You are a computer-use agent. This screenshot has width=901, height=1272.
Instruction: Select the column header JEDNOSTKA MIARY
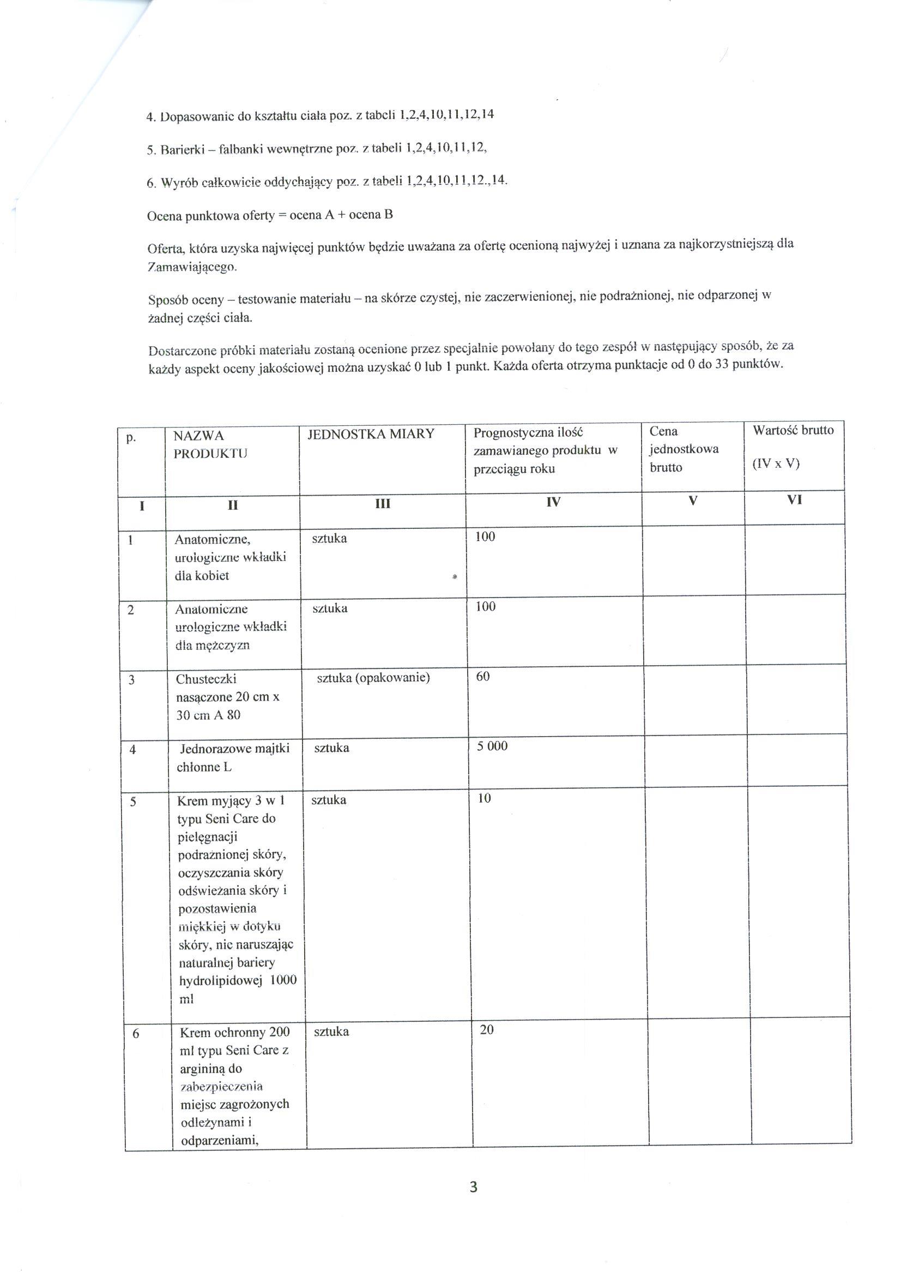371,434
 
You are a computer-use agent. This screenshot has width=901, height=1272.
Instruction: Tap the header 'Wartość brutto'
793,430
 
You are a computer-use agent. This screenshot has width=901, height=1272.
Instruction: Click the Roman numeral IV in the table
553,502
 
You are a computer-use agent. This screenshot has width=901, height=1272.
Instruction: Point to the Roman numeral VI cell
795,500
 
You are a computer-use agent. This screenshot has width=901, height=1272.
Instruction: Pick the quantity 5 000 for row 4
492,746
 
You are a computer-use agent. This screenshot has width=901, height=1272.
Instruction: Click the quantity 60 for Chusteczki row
483,676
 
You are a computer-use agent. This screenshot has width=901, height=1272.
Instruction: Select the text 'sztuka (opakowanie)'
373,678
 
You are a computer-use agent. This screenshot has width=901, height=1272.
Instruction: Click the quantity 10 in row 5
485,799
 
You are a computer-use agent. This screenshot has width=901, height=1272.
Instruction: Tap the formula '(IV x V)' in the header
776,464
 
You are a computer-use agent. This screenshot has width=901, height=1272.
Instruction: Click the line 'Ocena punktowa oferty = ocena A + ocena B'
270,215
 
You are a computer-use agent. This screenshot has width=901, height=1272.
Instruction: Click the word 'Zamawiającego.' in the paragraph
192,268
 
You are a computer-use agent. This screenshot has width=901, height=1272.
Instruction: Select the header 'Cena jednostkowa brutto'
684,449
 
